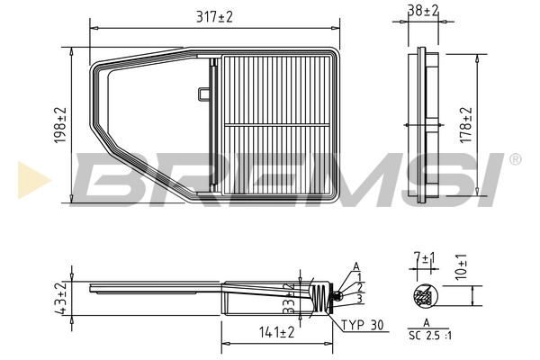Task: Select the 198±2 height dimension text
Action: (x=60, y=125)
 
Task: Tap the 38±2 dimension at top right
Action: (x=422, y=11)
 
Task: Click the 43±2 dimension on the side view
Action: (x=60, y=297)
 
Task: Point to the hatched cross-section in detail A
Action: (x=422, y=295)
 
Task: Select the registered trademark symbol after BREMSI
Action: (x=514, y=160)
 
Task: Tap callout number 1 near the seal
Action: (x=357, y=275)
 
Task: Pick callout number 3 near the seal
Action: (x=357, y=297)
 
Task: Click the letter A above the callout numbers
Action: (x=356, y=265)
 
